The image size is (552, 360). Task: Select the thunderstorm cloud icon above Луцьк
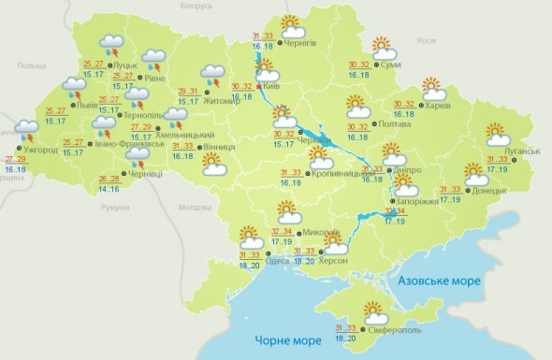(112, 44)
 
